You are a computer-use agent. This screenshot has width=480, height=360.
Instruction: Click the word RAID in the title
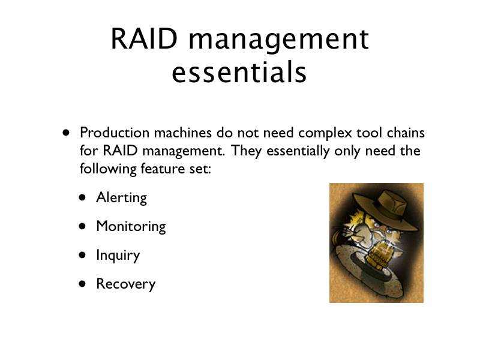[x=144, y=39]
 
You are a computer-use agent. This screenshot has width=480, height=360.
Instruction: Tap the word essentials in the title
[x=239, y=72]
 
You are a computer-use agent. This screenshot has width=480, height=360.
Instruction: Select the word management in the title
[x=279, y=41]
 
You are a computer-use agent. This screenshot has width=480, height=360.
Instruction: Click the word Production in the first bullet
[x=115, y=133]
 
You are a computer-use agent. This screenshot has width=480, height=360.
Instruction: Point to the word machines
[x=183, y=133]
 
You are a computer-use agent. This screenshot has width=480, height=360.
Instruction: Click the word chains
[x=406, y=133]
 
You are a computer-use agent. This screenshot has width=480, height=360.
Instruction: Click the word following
[x=108, y=169]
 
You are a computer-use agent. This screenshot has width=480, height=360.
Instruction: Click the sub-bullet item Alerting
[x=122, y=198]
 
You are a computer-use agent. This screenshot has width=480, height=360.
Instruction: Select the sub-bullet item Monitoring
[x=131, y=227]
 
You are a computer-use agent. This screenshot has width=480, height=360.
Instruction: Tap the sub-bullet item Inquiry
[x=118, y=256]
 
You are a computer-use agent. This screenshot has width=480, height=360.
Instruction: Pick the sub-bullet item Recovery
[x=126, y=284]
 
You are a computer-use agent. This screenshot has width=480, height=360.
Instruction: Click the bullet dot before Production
[x=66, y=133]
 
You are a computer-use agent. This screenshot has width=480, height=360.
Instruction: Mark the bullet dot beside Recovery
[x=82, y=284]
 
